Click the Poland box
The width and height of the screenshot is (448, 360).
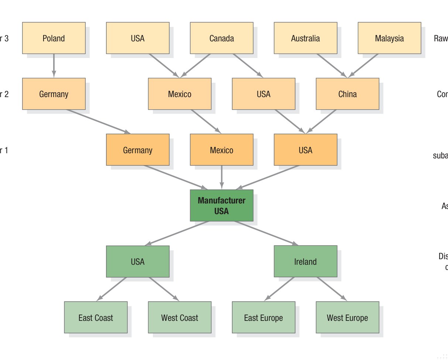click(54, 38)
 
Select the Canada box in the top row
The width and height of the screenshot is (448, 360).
click(222, 38)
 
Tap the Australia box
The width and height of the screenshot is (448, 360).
click(305, 38)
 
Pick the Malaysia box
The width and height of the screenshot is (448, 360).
click(389, 38)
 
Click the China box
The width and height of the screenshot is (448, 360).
click(347, 94)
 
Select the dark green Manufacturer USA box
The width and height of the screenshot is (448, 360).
click(222, 206)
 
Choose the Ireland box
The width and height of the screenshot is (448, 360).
click(305, 261)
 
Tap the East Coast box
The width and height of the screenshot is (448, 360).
click(96, 318)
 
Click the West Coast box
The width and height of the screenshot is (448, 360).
click(179, 318)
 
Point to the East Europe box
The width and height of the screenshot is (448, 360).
click(263, 318)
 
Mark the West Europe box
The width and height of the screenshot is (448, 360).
click(347, 318)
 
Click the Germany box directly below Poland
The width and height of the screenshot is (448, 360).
click(54, 94)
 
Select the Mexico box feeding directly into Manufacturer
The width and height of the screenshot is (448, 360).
click(222, 150)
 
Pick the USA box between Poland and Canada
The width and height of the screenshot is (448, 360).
click(137, 38)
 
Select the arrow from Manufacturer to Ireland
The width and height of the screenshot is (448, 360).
click(266, 233)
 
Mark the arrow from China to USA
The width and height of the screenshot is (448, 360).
click(321, 121)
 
